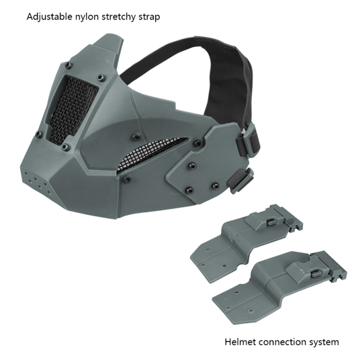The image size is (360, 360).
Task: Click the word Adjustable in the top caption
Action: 50,17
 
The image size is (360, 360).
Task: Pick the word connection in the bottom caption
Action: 282,342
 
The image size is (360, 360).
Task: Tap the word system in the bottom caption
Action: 324,343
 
